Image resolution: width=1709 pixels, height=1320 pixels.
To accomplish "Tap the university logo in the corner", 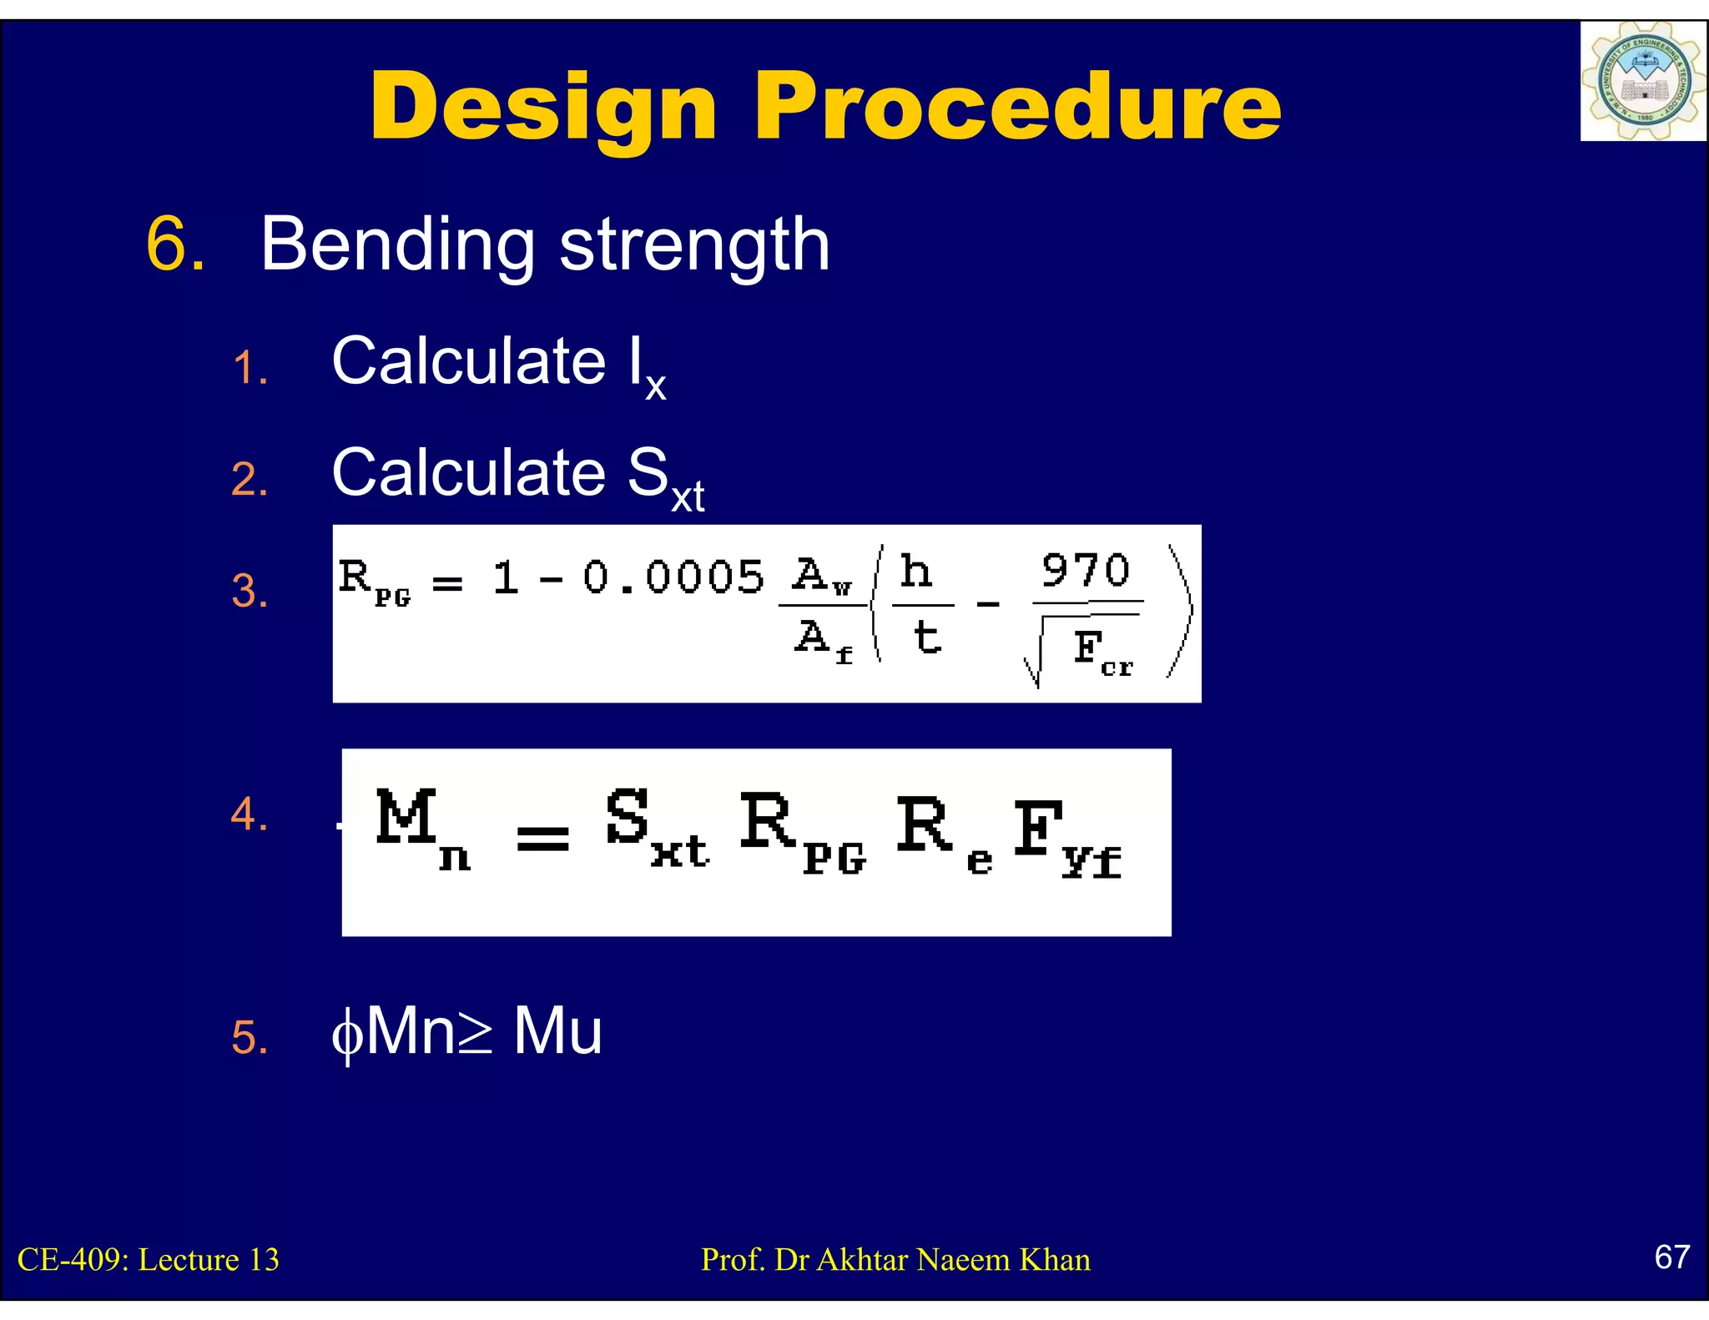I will coord(1642,82).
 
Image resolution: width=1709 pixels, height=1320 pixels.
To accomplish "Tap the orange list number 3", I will coord(250,592).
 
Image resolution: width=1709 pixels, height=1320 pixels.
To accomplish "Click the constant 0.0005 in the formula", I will coord(673,577).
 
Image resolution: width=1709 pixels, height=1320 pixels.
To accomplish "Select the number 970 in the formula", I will coord(1085,571).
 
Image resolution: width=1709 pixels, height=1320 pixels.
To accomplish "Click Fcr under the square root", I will coord(1101,651).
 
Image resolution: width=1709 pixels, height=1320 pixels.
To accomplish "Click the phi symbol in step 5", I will coord(347,1035).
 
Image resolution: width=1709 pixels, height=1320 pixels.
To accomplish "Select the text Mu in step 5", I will coord(557,1031).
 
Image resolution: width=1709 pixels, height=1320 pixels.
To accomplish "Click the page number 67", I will coord(1671,1257).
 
